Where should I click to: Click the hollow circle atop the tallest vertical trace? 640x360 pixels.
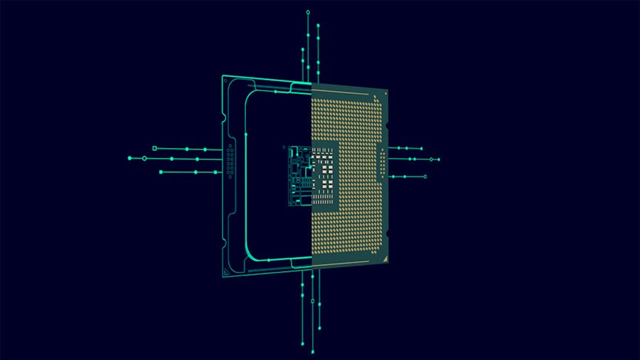point(308,12)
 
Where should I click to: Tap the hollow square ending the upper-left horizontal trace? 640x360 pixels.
point(154,148)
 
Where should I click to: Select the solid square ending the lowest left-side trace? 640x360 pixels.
point(161,172)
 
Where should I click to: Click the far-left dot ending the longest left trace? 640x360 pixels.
point(129,158)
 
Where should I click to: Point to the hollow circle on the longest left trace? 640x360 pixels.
point(144,158)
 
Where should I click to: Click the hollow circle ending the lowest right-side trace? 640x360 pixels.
point(425,176)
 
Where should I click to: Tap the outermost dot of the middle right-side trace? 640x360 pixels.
point(439,159)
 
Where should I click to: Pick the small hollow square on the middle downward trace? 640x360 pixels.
point(313,302)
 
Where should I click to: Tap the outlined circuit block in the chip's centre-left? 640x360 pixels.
point(299,176)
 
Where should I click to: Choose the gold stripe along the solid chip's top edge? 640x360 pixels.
point(348,86)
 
